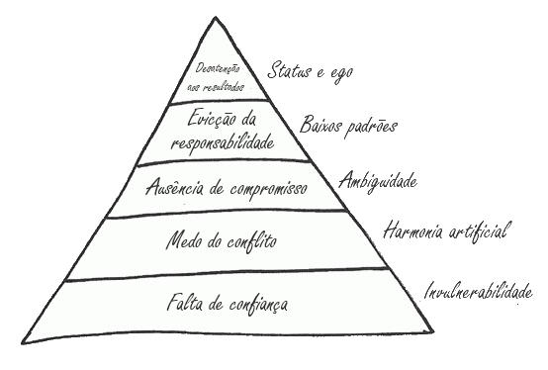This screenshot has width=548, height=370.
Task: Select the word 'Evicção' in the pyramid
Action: (x=206, y=122)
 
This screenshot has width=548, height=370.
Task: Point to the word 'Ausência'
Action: (x=173, y=187)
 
